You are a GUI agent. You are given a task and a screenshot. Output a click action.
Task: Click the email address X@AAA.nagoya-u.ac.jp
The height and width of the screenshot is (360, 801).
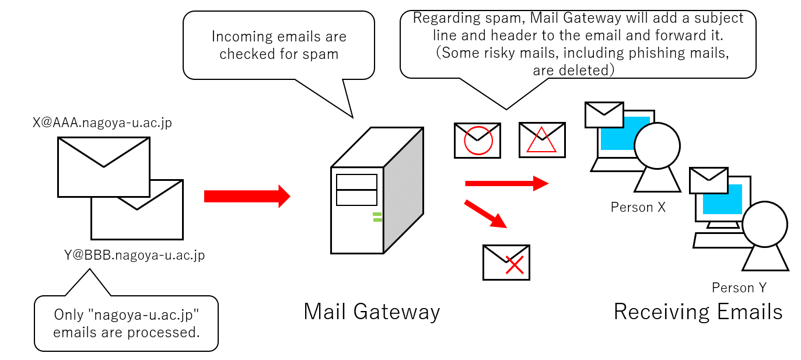103,124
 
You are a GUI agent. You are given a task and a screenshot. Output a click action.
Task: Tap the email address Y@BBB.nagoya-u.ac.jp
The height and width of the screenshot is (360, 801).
135,255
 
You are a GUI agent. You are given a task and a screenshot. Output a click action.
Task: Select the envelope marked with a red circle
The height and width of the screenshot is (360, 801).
477,140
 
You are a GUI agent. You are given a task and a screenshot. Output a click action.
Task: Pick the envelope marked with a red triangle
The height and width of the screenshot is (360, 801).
542,140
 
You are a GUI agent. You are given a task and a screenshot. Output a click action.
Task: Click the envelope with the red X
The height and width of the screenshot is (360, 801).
506,263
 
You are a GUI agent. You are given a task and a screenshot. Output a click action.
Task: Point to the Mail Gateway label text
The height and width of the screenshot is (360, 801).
372,312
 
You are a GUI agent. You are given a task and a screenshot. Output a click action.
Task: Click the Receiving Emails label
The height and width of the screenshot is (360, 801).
698,312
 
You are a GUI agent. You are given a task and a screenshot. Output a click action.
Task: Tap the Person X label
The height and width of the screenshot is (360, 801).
638,207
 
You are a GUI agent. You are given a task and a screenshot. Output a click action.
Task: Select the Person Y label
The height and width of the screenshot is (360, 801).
739,288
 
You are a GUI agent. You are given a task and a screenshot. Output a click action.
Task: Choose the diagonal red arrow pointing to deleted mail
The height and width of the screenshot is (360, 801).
485,214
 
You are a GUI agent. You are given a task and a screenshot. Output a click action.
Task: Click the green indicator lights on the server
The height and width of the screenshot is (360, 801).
377,218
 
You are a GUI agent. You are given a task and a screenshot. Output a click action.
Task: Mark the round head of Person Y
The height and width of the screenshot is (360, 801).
764,224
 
